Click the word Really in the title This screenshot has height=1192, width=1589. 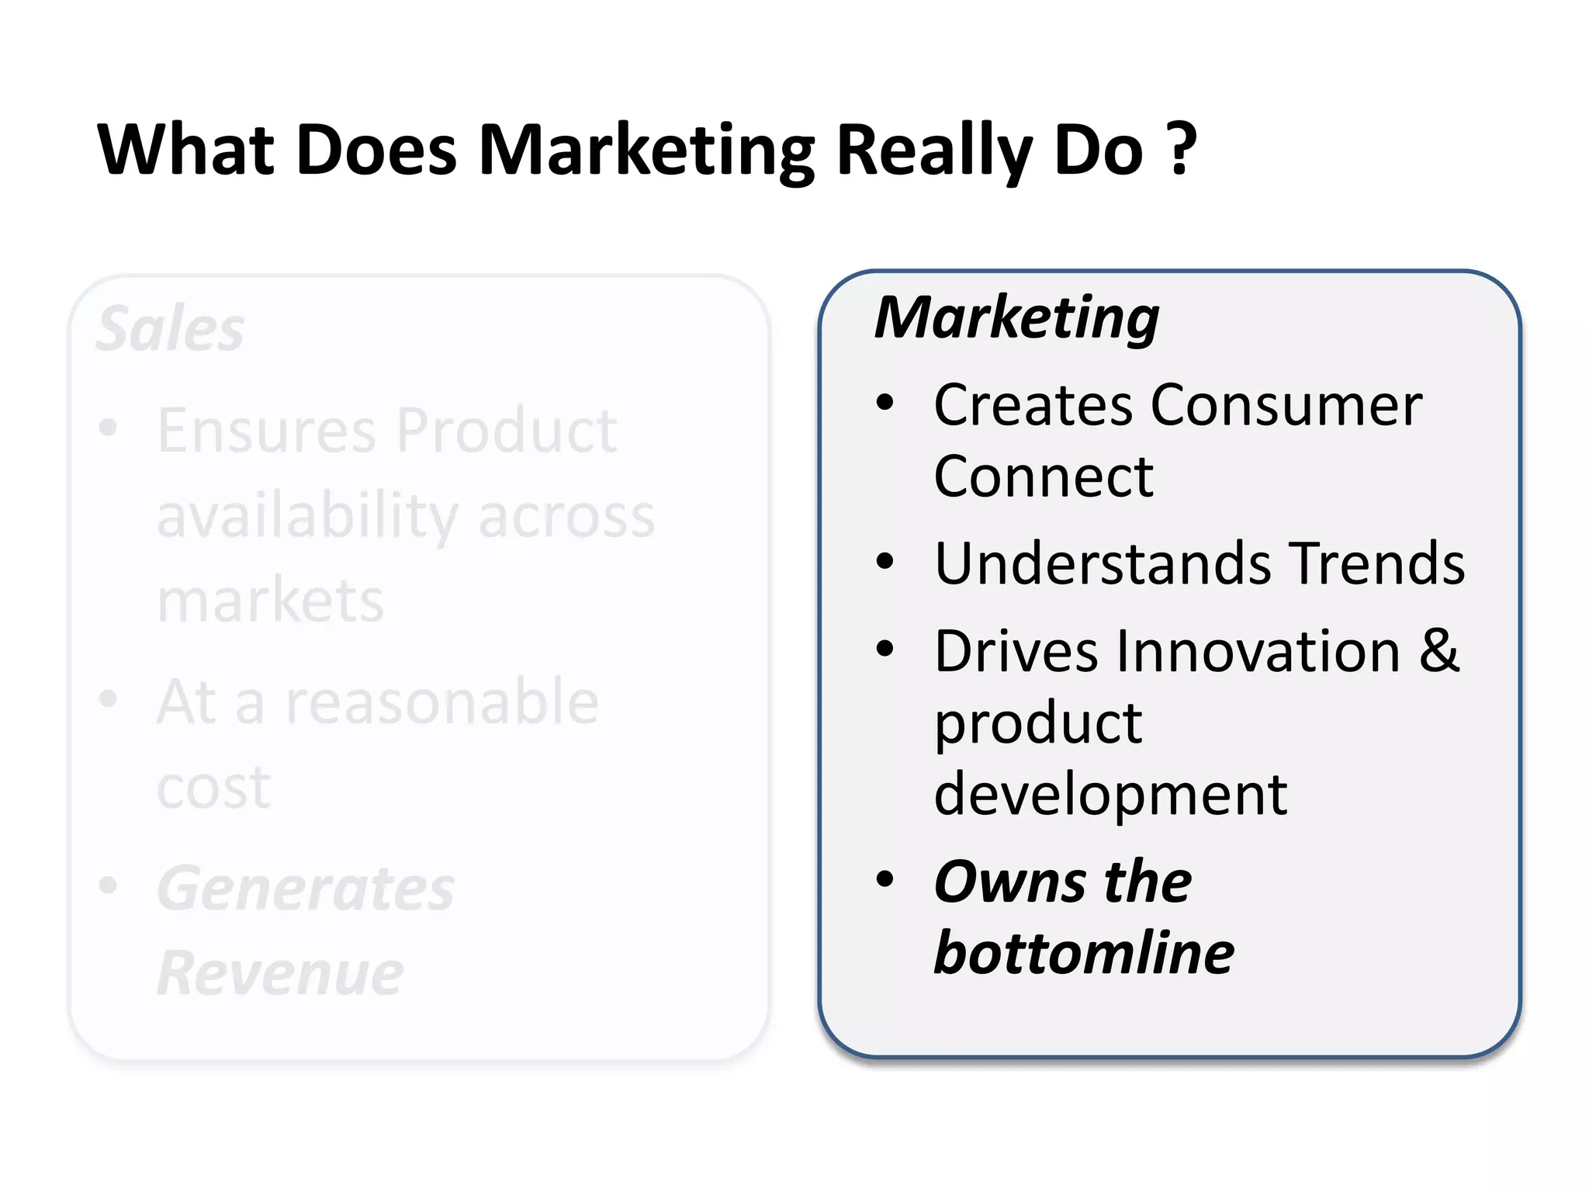(x=933, y=151)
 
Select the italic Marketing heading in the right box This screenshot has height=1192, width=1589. (x=1017, y=318)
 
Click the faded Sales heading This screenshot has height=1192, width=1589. (x=171, y=329)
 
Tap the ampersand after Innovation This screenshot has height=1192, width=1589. (x=1440, y=650)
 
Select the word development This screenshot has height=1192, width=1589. (x=1110, y=795)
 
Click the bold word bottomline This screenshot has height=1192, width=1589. (x=1084, y=953)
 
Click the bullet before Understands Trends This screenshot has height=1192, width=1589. (x=885, y=561)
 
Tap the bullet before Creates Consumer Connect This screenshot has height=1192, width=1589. (x=885, y=403)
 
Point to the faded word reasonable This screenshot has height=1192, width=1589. (x=442, y=702)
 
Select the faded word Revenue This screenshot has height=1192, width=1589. (x=280, y=973)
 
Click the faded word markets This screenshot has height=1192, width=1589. (x=270, y=601)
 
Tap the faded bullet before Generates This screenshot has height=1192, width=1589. (x=108, y=885)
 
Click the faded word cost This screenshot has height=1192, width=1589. (x=213, y=788)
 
